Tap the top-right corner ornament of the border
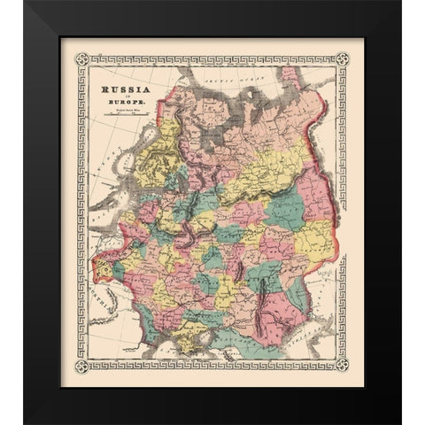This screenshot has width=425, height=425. pos(344,59)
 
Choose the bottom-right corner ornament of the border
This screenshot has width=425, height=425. pos(344,364)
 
